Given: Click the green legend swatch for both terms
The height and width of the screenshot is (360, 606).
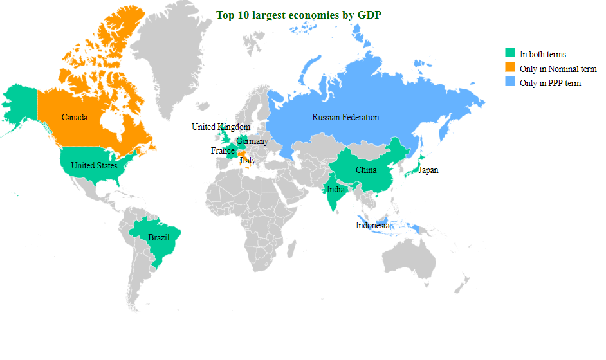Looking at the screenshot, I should [510, 53].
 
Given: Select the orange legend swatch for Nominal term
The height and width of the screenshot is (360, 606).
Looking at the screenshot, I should [510, 67].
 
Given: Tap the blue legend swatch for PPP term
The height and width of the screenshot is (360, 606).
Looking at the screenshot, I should [510, 82].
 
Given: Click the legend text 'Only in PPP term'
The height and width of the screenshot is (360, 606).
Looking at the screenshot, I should [550, 83].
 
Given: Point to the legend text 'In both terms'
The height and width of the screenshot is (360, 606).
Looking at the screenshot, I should [542, 54].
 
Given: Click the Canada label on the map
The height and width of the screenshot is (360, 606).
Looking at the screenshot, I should [75, 118].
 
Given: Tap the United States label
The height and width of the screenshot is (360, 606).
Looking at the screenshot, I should [94, 165].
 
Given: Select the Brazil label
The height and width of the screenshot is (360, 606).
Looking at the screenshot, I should [159, 238].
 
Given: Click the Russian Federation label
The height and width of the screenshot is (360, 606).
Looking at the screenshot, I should [345, 118].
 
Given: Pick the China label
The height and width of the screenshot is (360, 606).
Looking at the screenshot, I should [366, 170].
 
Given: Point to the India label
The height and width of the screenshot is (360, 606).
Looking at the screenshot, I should [335, 190].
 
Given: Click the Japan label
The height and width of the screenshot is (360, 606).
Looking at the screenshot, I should [428, 170].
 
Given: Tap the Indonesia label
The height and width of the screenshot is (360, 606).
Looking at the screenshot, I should [372, 226].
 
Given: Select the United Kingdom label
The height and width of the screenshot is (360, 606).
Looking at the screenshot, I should [221, 127].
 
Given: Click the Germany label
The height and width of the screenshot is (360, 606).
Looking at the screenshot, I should [252, 141].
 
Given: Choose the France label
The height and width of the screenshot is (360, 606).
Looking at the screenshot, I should [223, 151].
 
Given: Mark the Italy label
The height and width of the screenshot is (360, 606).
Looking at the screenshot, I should [248, 161].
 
